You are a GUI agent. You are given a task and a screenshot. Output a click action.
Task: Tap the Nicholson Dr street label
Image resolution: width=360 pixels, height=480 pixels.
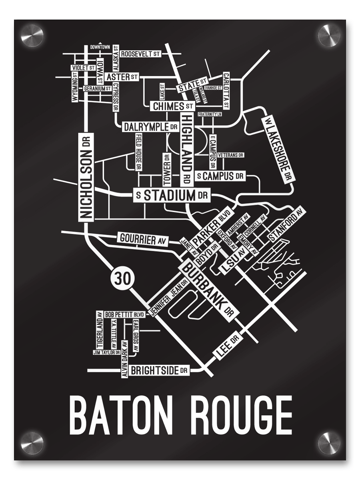tap(87, 176)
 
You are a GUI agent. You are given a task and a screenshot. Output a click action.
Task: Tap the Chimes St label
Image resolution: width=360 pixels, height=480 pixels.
tap(172, 106)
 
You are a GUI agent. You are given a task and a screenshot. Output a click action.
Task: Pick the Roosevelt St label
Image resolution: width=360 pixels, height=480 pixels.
tap(140, 54)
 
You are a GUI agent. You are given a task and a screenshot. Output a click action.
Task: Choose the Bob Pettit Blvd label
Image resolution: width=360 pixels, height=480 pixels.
tap(124, 315)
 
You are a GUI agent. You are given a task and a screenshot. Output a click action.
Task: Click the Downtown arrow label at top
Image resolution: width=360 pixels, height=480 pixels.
tap(100, 47)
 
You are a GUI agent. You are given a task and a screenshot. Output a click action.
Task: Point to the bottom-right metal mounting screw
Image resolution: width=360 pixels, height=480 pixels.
tap(329, 443)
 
